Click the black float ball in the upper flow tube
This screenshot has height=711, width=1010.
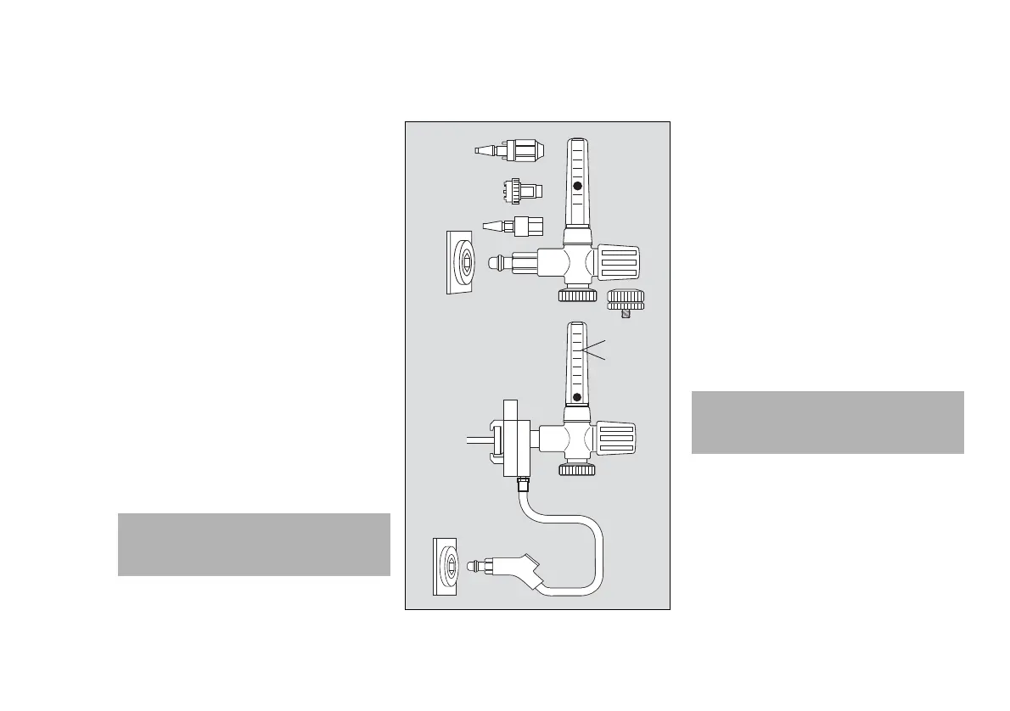pyautogui.click(x=577, y=186)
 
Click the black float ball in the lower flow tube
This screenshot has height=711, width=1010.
pyautogui.click(x=577, y=397)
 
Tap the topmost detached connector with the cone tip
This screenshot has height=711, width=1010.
pyautogui.click(x=509, y=150)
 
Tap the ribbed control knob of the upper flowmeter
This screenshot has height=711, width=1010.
pyautogui.click(x=619, y=263)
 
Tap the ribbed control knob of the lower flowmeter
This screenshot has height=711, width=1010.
pyautogui.click(x=619, y=438)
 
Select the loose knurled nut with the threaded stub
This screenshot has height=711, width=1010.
pyautogui.click(x=627, y=300)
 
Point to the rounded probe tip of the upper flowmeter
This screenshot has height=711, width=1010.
pyautogui.click(x=497, y=263)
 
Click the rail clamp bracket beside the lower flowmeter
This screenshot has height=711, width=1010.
pyautogui.click(x=513, y=441)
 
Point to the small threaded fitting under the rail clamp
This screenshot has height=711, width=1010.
pyautogui.click(x=524, y=486)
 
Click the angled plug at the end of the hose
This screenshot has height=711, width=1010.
pyautogui.click(x=518, y=569)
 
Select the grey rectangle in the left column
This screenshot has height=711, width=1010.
pyautogui.click(x=253, y=545)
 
